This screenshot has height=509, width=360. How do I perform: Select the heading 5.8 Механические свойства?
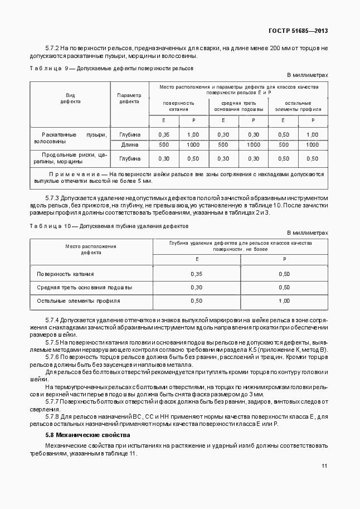[87, 434]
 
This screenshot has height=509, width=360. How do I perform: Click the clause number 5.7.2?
[52, 49]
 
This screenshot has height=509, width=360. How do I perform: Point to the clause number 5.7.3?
[52, 198]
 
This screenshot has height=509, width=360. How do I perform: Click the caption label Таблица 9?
[48, 68]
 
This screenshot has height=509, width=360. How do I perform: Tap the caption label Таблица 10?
[49, 227]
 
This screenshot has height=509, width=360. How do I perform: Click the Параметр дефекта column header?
[129, 99]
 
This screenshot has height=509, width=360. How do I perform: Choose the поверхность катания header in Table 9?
[178, 106]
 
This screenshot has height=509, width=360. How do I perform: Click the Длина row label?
[129, 144]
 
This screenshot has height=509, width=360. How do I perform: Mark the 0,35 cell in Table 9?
[164, 134]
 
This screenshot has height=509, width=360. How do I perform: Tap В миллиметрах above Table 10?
[308, 233]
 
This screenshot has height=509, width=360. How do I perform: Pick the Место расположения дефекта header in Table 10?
[90, 249]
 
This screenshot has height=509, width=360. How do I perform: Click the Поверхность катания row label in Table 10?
[65, 274]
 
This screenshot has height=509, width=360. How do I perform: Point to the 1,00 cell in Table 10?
[284, 301]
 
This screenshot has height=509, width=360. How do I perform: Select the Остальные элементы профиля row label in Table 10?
[78, 301]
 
